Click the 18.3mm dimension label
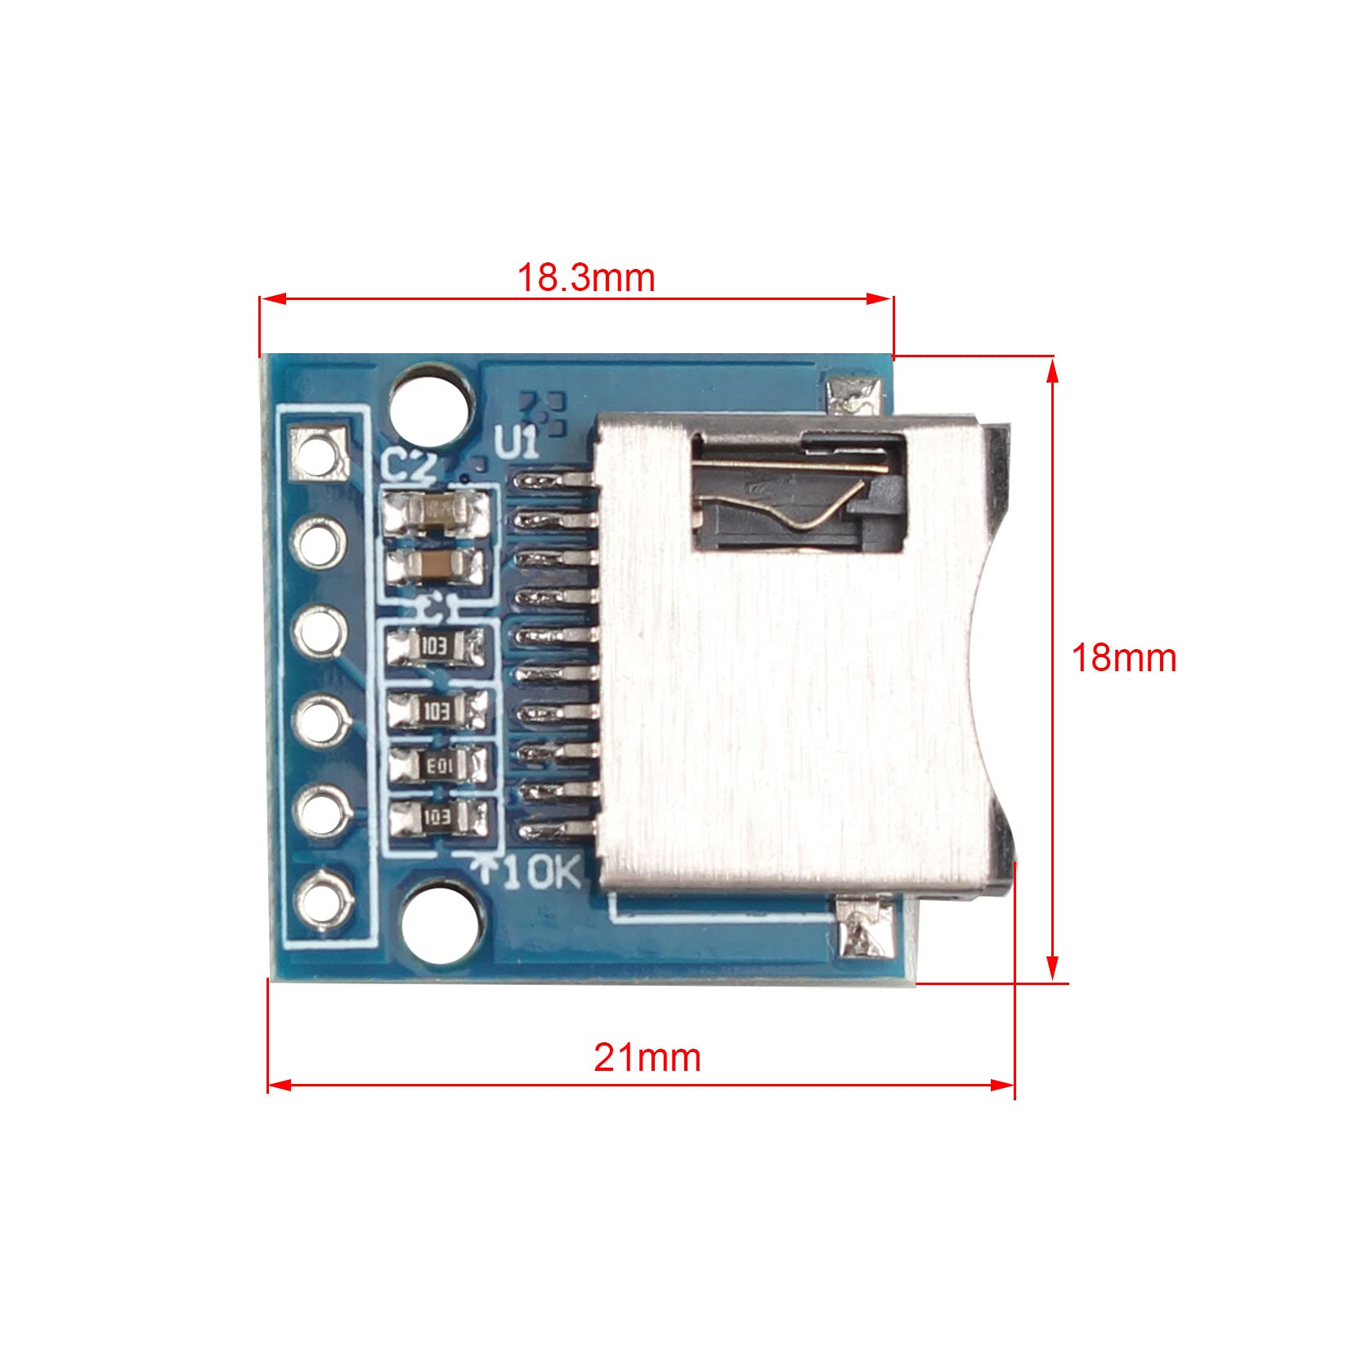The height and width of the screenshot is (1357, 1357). pyautogui.click(x=586, y=278)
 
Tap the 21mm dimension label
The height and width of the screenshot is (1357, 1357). pyautogui.click(x=647, y=1057)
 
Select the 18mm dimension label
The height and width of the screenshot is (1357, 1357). pyautogui.click(x=1124, y=657)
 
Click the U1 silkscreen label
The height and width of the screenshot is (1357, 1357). pyautogui.click(x=517, y=445)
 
